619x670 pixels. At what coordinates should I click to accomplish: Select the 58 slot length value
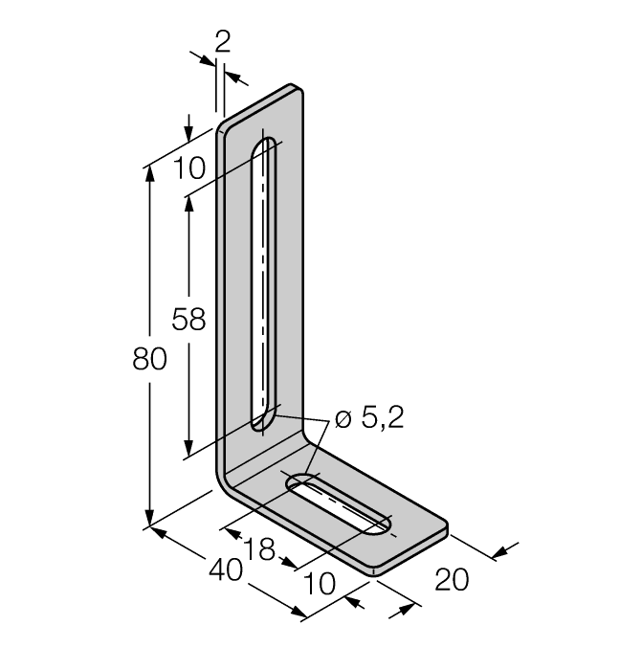pos(188,319)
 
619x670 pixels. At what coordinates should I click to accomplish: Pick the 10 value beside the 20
pos(321,582)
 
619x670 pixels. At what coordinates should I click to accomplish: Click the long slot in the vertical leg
pos(263,287)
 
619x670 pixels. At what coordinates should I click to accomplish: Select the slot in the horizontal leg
pos(340,507)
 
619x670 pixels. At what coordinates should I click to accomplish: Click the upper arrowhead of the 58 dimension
pos(188,205)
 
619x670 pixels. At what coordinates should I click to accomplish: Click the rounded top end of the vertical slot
pos(265,146)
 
